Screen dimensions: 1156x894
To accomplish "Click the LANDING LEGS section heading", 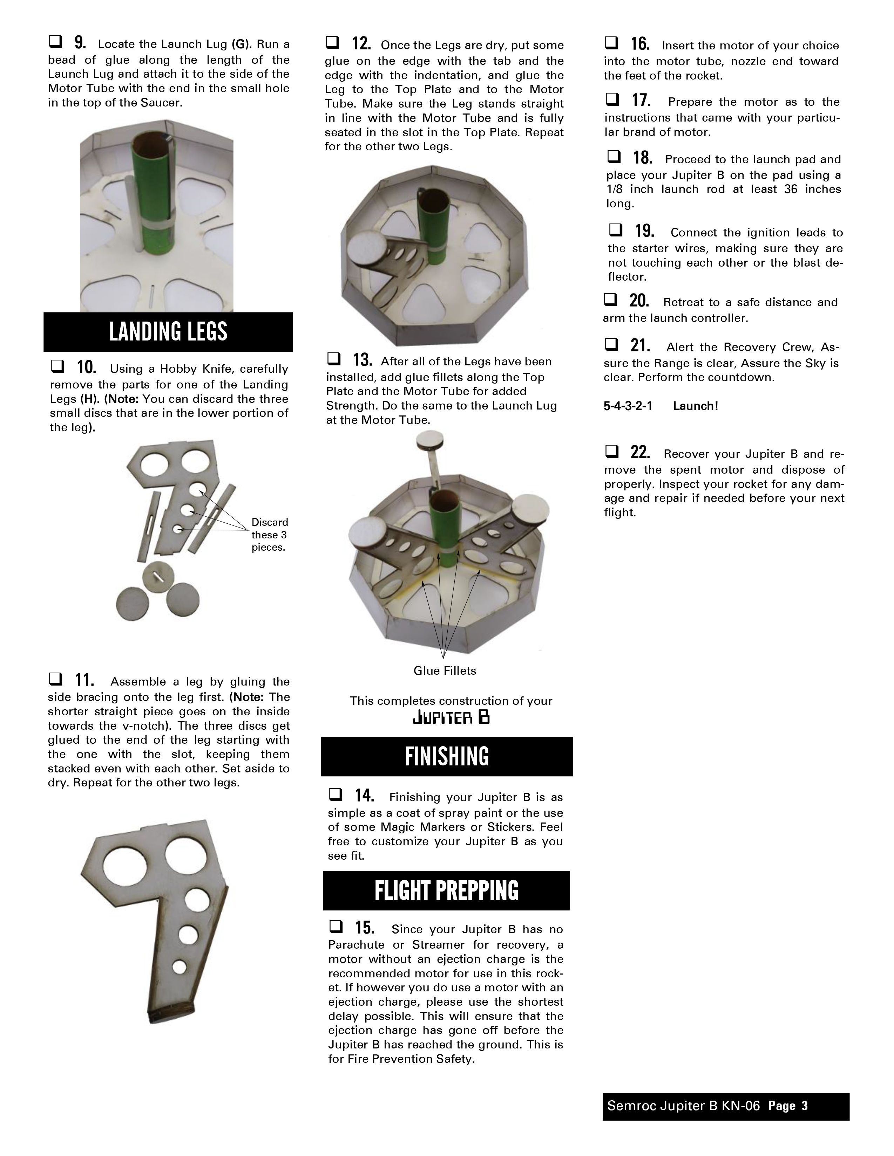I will click(x=168, y=332).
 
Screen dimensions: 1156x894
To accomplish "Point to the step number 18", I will click(x=642, y=158).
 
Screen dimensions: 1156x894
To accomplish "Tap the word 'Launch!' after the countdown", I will click(x=696, y=406).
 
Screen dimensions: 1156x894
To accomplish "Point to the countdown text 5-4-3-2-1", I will click(x=628, y=406).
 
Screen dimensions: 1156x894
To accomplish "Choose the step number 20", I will click(x=639, y=301).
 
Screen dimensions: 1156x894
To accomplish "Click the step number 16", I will click(x=640, y=44).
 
